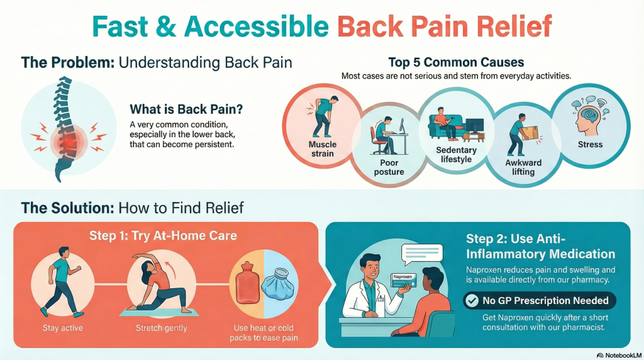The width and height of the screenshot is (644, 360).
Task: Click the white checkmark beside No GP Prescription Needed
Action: tap(472, 300)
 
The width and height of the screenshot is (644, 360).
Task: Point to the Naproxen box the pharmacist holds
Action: tap(402, 281)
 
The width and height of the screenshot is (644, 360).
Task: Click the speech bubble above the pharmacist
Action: tap(422, 254)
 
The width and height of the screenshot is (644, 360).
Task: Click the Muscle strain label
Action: tap(323, 149)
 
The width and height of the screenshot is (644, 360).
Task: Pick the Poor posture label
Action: tap(389, 167)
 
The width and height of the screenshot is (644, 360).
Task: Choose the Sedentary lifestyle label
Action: tap(456, 155)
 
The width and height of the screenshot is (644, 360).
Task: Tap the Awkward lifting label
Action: tap(523, 167)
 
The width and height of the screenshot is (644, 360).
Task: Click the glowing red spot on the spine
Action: tap(69, 142)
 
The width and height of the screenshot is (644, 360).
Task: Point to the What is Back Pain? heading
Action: tap(186, 109)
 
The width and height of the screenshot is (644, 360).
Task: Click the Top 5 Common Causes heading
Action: tap(456, 62)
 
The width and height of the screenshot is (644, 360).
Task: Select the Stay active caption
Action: tap(62, 328)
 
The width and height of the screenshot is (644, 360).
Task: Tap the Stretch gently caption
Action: tap(162, 328)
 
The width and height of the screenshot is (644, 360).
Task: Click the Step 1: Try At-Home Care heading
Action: tap(163, 235)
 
